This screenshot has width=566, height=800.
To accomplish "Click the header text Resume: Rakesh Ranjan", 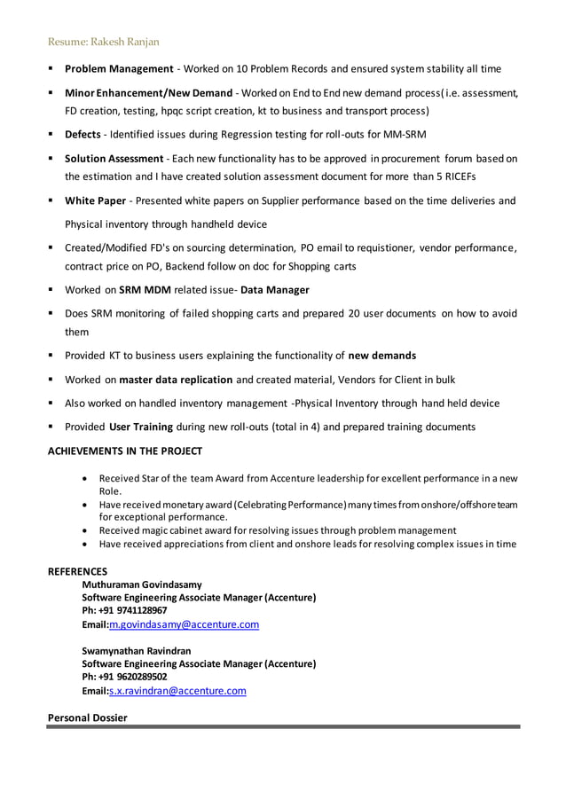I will pyautogui.click(x=103, y=42).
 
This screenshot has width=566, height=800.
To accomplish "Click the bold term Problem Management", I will pyautogui.click(x=119, y=68).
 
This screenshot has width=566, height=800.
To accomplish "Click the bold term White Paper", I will pyautogui.click(x=95, y=200).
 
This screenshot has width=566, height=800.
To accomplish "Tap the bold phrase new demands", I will pyautogui.click(x=381, y=356).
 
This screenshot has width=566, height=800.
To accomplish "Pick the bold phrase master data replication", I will pyautogui.click(x=176, y=380).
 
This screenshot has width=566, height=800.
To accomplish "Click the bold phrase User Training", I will pyautogui.click(x=141, y=427).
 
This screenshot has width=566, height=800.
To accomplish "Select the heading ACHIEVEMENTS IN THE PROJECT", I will pyautogui.click(x=124, y=451).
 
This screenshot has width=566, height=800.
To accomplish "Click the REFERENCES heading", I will pyautogui.click(x=77, y=572).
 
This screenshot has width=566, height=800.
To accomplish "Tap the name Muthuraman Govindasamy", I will pyautogui.click(x=142, y=584).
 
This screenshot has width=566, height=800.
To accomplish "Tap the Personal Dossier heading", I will pyautogui.click(x=87, y=717).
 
